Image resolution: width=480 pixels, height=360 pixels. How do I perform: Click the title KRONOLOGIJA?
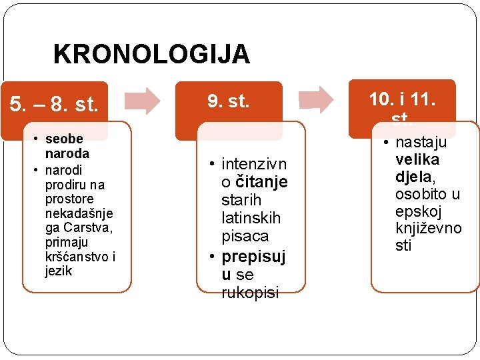pos(151,54)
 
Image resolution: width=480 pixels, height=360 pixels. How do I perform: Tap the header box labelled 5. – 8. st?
pos(53,105)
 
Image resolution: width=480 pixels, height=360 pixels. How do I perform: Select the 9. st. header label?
pos(228,101)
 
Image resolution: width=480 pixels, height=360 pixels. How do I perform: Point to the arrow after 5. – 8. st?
pos(143,100)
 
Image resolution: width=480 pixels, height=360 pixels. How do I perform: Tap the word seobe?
pos(64,139)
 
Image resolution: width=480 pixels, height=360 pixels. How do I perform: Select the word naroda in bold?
pos(67,153)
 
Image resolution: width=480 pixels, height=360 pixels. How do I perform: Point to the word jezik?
pos(59,271)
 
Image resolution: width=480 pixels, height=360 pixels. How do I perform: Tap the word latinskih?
pos(251,218)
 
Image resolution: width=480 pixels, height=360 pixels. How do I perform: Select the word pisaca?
pos(245,236)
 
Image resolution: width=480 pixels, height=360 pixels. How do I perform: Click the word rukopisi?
pos(250,293)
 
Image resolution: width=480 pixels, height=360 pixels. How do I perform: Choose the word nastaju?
pos(421,142)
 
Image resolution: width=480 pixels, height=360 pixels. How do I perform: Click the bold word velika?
pos(417,159)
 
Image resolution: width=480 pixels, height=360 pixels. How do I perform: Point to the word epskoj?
pos(418,211)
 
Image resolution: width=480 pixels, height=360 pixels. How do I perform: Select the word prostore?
pos(69,199)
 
